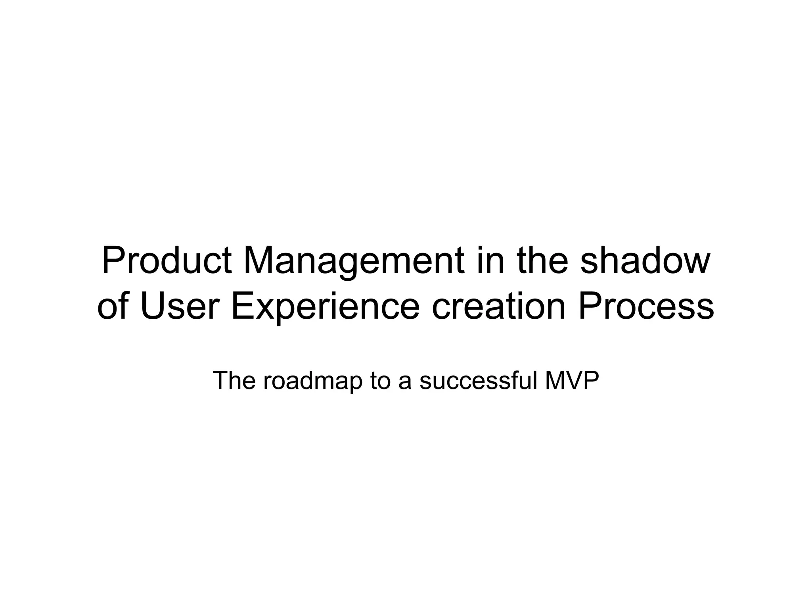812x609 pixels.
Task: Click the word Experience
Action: [325, 307]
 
